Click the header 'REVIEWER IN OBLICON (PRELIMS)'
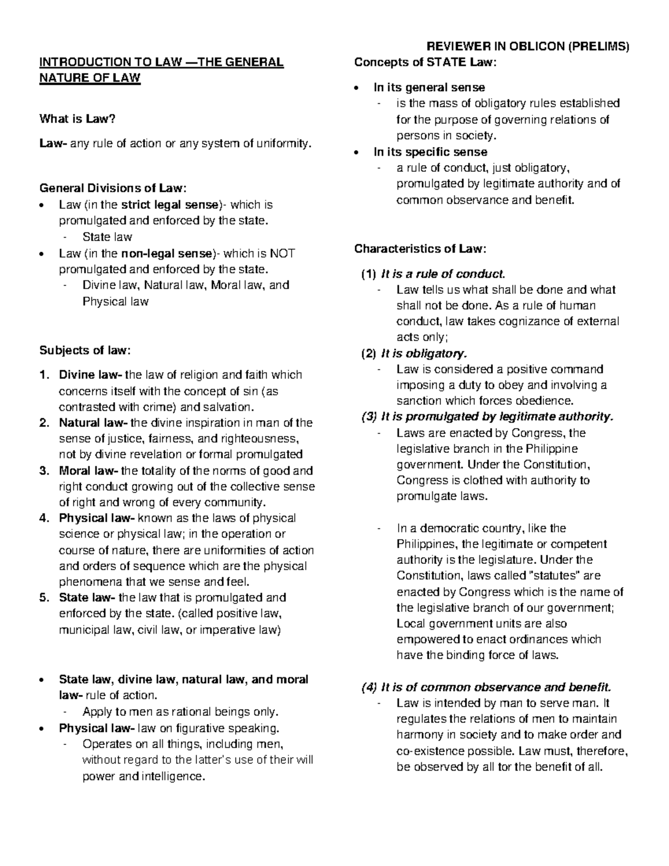tap(527, 46)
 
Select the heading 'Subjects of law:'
tap(85, 350)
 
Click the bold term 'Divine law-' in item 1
tap(91, 375)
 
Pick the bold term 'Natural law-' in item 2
tap(93, 423)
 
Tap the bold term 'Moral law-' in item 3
tap(88, 471)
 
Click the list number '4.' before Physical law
tap(45, 518)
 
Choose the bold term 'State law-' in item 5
tap(87, 598)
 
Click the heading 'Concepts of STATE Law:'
tap(425, 62)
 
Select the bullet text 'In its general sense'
tap(429, 88)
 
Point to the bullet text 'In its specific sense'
tap(430, 152)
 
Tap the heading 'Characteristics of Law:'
tap(421, 248)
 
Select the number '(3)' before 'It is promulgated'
tap(370, 417)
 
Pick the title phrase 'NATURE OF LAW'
tap(89, 78)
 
